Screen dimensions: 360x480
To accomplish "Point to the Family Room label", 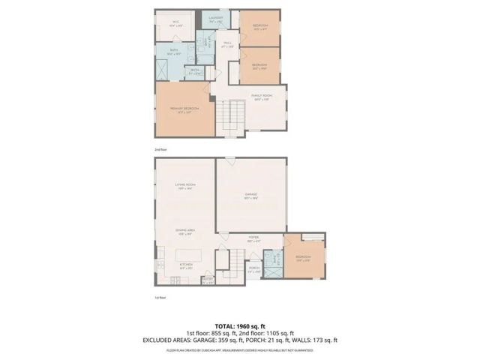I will (261, 97).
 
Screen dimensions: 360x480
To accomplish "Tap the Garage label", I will (251, 196).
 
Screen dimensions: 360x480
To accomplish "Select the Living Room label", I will (185, 187).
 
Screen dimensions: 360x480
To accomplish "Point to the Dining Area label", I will (185, 232).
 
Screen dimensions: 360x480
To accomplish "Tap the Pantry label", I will (208, 281).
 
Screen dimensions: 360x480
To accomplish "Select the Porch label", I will (254, 269).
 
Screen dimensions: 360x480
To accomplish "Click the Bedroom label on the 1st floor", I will (303, 259).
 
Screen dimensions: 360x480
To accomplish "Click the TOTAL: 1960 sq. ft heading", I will (240, 325).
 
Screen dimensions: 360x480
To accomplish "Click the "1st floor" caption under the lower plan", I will (159, 298).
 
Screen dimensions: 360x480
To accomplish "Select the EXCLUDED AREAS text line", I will (240, 340).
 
